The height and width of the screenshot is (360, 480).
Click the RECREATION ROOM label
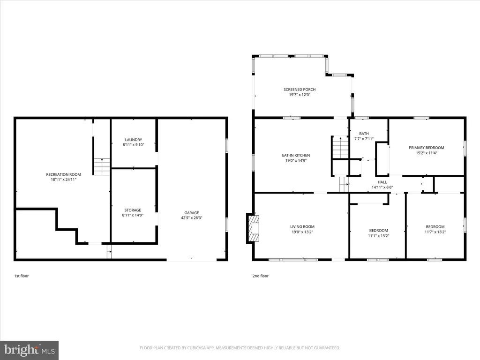(x=63, y=174)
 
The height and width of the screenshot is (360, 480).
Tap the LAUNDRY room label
(x=134, y=140)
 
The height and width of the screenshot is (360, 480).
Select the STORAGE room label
(x=133, y=210)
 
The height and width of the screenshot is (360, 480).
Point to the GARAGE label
(x=192, y=213)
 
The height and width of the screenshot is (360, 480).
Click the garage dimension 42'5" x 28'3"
(x=192, y=218)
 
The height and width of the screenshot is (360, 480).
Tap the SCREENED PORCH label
(x=300, y=90)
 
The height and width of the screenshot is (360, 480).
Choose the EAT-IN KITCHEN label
(x=296, y=155)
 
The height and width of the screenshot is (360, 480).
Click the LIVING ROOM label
(x=302, y=226)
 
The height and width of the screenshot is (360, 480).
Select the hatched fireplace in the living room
(x=253, y=229)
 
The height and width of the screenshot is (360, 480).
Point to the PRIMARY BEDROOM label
(x=427, y=148)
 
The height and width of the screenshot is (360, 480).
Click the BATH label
(x=364, y=134)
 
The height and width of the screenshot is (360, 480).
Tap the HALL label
(x=382, y=182)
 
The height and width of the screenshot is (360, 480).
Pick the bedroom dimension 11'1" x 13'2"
(x=379, y=236)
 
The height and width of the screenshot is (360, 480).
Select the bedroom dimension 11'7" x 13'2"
(x=435, y=232)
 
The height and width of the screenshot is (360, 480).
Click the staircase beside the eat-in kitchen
(x=340, y=148)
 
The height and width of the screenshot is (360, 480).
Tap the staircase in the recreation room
(x=102, y=166)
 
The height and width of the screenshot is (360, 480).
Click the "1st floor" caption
(x=22, y=276)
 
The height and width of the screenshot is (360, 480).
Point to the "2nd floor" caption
(x=261, y=276)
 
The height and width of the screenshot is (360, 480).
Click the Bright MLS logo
(x=30, y=350)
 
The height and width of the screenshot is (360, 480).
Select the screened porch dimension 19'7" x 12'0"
(x=300, y=95)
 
